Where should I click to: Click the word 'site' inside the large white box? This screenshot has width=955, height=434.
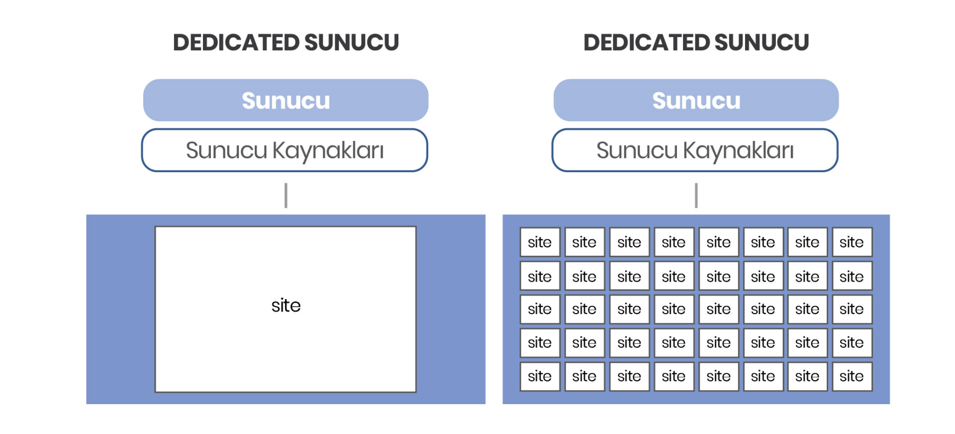click(286, 305)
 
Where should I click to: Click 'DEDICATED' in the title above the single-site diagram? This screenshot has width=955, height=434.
click(236, 42)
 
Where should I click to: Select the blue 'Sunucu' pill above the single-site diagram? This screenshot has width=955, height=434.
click(286, 100)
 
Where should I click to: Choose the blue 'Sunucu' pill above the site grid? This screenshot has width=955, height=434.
click(696, 100)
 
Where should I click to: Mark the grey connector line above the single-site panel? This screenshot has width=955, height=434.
click(286, 195)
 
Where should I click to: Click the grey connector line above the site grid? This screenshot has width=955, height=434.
click(696, 195)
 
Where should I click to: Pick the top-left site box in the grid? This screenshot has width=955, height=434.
click(540, 242)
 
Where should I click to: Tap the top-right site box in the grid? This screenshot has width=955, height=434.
click(852, 242)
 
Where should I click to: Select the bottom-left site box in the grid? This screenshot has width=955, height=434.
click(540, 376)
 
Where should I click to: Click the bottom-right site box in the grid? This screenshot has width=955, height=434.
click(852, 376)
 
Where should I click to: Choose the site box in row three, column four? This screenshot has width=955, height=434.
click(673, 309)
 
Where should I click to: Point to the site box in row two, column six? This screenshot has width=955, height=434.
click(763, 276)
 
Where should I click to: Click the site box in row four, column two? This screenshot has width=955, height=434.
click(584, 342)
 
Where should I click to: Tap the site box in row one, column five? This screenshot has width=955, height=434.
click(718, 242)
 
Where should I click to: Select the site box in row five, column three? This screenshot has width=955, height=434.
click(629, 376)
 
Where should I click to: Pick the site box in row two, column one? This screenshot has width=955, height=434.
click(540, 276)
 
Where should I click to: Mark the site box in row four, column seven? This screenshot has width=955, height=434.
click(807, 342)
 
